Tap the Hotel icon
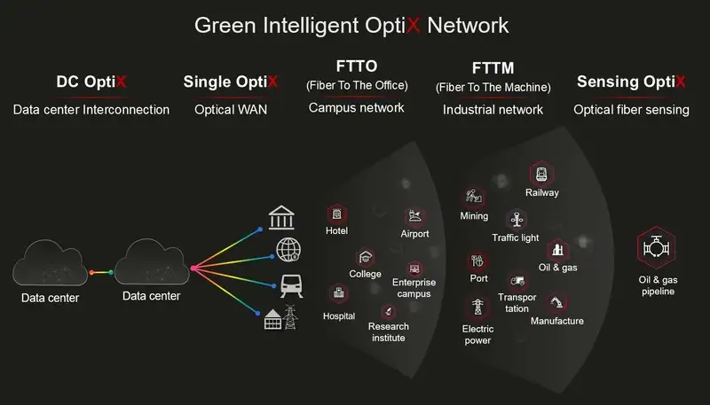(x=336, y=214)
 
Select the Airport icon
(x=414, y=215)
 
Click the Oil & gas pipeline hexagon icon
(x=657, y=251)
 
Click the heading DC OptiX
(x=91, y=82)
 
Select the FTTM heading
(x=493, y=68)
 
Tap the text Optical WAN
(x=230, y=110)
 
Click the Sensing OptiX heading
(x=631, y=82)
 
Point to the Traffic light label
(x=515, y=238)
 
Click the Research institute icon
(x=388, y=311)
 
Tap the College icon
(x=365, y=256)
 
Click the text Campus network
(x=356, y=108)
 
